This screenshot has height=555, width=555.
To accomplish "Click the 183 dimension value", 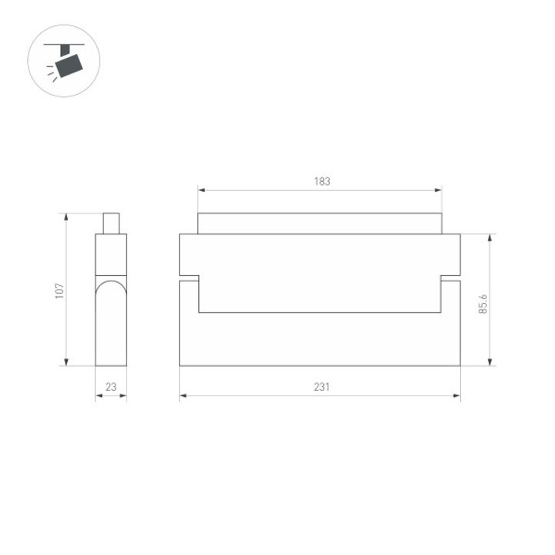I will point(321,182).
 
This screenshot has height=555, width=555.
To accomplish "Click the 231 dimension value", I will point(321,388).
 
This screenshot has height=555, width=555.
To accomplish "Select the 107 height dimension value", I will point(59,291).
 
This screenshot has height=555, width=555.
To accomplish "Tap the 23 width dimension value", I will point(111,388).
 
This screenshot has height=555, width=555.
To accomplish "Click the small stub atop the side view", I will point(111,223).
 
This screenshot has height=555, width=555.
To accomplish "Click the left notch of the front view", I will point(190,278).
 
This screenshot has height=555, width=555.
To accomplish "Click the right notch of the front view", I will point(451,278).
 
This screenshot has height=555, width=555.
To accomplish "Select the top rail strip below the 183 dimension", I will point(320,224).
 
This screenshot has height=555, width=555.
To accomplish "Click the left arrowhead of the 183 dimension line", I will point(201,190).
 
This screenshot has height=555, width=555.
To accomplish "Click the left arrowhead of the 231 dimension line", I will point(183,397).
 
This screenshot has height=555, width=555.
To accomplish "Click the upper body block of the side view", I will point(111,254).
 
